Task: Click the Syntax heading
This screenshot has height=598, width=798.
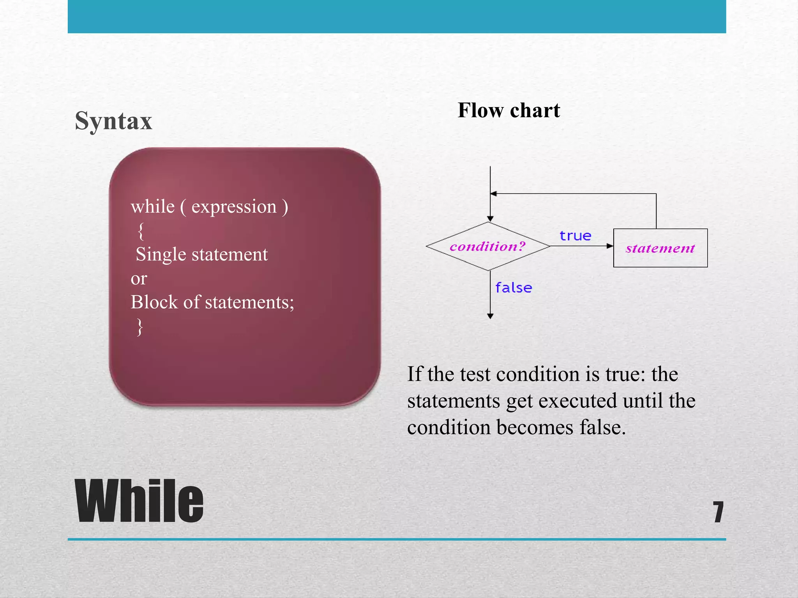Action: click(113, 121)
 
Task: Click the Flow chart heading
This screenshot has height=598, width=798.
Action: click(508, 110)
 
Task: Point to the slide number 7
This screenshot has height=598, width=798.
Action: click(718, 512)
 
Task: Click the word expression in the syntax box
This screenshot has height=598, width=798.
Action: click(234, 207)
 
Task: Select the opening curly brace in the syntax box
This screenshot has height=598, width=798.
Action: click(141, 231)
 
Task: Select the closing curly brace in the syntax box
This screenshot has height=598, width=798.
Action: click(140, 327)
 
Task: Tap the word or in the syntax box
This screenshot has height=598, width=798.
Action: click(139, 279)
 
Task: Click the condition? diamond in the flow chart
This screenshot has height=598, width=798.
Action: click(488, 246)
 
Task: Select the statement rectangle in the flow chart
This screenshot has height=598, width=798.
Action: click(660, 248)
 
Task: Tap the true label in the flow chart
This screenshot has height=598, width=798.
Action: click(575, 236)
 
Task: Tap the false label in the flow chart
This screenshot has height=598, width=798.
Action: click(514, 288)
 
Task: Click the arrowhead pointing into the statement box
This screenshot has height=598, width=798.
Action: click(610, 246)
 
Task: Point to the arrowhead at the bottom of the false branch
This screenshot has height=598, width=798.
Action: click(490, 316)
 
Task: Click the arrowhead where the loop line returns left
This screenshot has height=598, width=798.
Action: click(493, 193)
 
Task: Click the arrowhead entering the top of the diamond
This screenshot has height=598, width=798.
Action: click(490, 219)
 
